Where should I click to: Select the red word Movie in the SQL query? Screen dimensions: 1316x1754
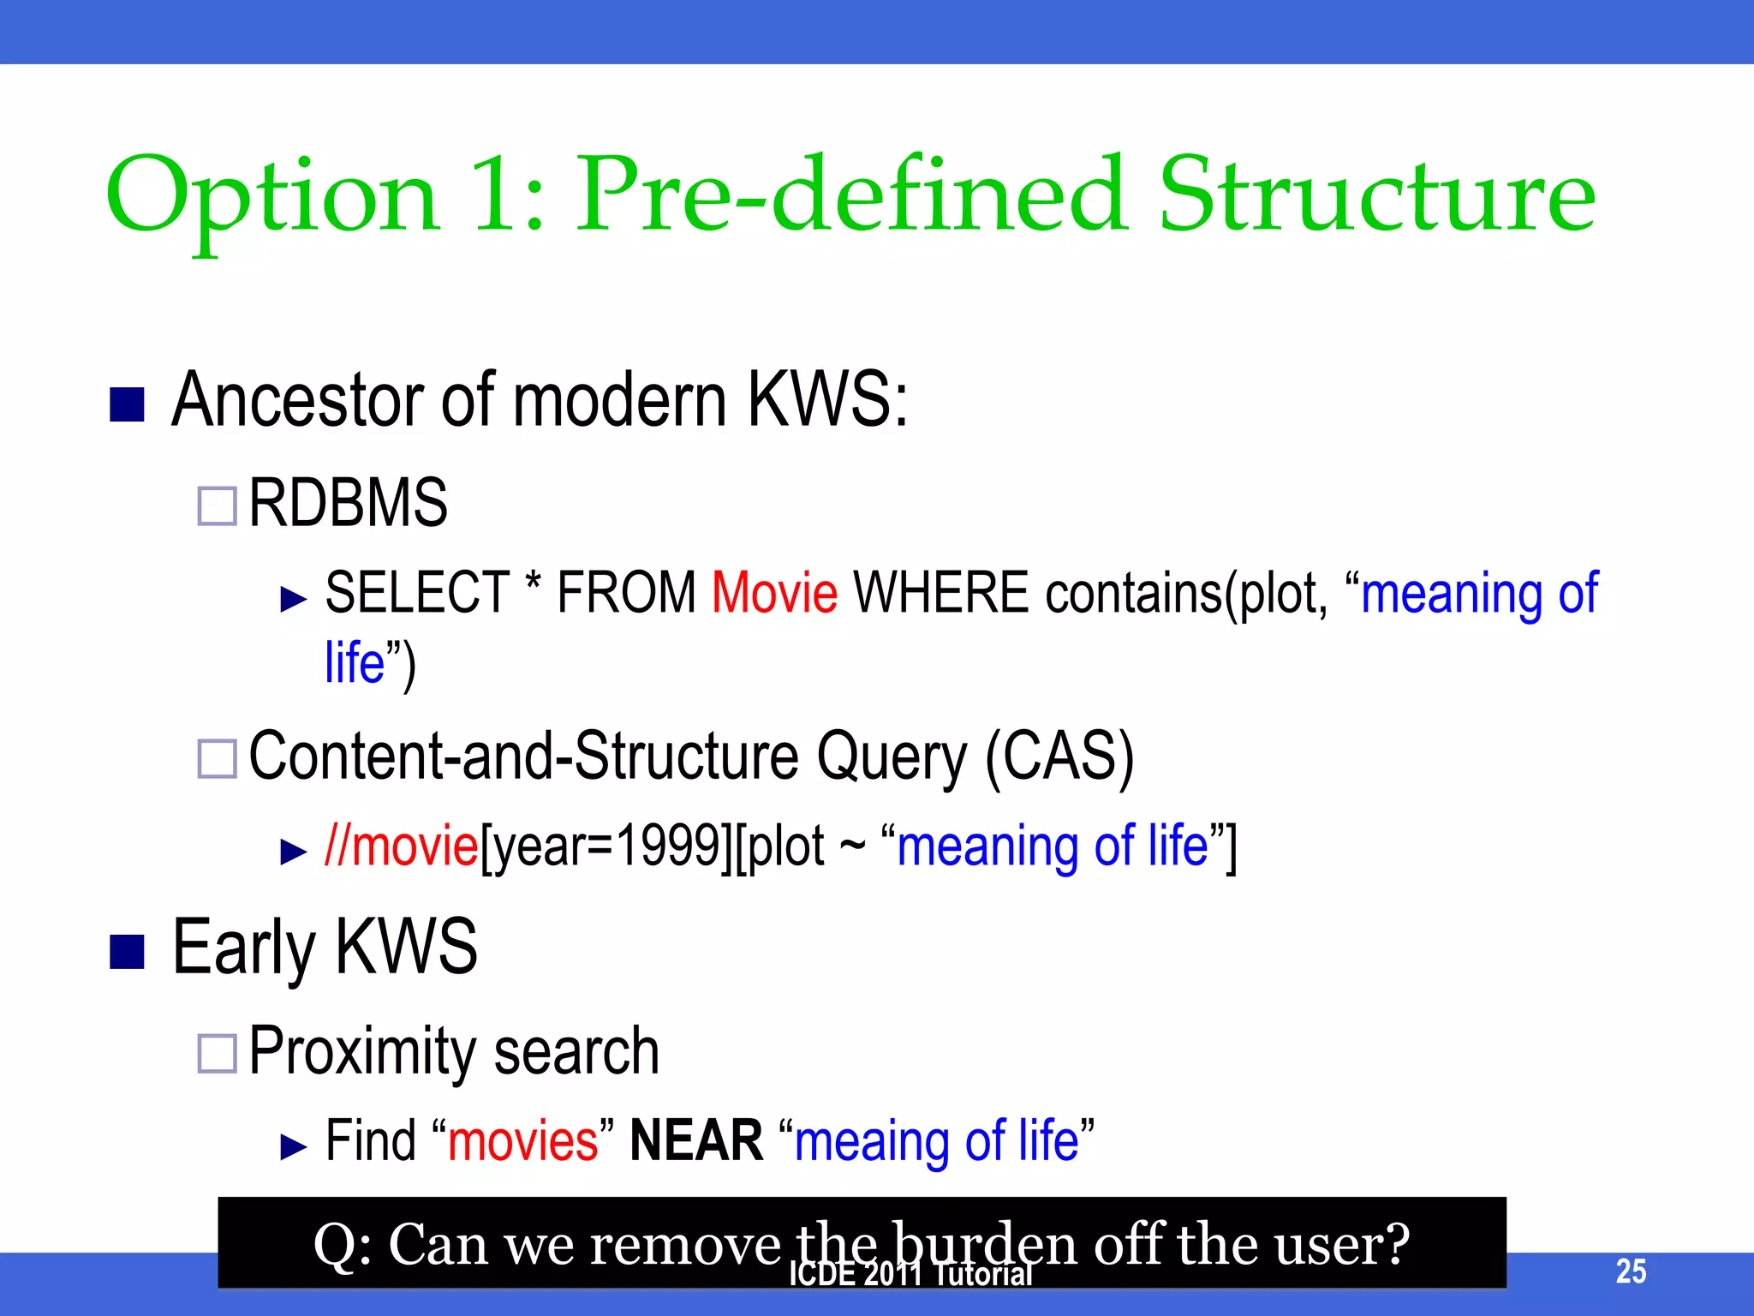774,593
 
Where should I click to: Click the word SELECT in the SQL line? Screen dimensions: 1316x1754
417,593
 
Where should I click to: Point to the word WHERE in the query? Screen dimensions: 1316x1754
940,593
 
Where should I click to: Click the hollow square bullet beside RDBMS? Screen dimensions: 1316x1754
217,505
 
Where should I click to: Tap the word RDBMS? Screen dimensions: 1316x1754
348,503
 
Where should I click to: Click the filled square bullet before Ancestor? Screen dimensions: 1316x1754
127,404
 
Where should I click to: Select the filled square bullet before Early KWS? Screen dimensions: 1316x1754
127,951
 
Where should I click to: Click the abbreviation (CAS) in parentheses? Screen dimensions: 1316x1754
1059,756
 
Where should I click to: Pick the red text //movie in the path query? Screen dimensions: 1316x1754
401,846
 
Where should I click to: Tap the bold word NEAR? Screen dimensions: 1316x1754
695,1140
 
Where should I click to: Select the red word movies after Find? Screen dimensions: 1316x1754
522,1142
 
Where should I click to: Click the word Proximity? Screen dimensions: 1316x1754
361,1052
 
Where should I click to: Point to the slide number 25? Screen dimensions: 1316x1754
1630,1271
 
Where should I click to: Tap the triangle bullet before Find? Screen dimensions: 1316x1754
293,1146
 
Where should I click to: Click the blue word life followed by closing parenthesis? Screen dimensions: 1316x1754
354,663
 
